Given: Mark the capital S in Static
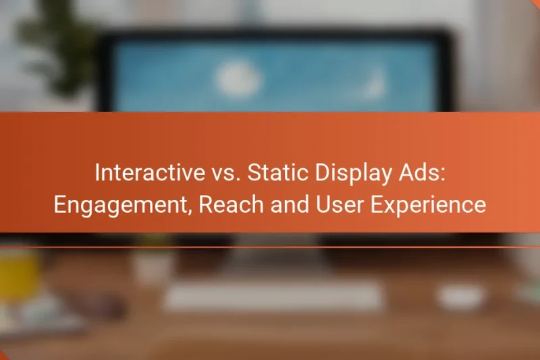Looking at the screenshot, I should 253,172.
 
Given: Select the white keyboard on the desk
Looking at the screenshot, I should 273,295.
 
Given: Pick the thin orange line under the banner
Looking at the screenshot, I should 270,247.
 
